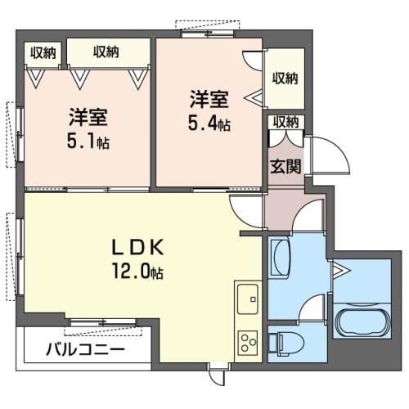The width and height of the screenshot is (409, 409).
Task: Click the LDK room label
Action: [138, 246]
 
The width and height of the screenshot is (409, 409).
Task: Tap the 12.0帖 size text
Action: [138, 271]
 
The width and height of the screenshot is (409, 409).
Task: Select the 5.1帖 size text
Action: [88, 142]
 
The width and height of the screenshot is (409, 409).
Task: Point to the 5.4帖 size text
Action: [209, 124]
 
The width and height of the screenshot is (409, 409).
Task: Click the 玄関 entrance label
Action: [285, 166]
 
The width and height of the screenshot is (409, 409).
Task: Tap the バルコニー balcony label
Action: [85, 348]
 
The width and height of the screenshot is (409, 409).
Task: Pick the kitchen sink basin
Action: [248, 299]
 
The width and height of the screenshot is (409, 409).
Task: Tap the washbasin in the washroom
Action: [280, 257]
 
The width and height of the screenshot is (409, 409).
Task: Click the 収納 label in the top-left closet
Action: [43, 52]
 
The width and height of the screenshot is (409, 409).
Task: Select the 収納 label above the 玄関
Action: [285, 122]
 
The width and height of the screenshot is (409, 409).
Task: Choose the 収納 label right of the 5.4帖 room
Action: [285, 79]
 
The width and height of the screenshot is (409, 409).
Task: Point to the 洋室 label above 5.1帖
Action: [88, 117]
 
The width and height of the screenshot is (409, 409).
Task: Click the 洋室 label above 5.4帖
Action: [209, 100]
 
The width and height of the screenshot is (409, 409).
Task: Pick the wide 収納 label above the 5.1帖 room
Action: [106, 52]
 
